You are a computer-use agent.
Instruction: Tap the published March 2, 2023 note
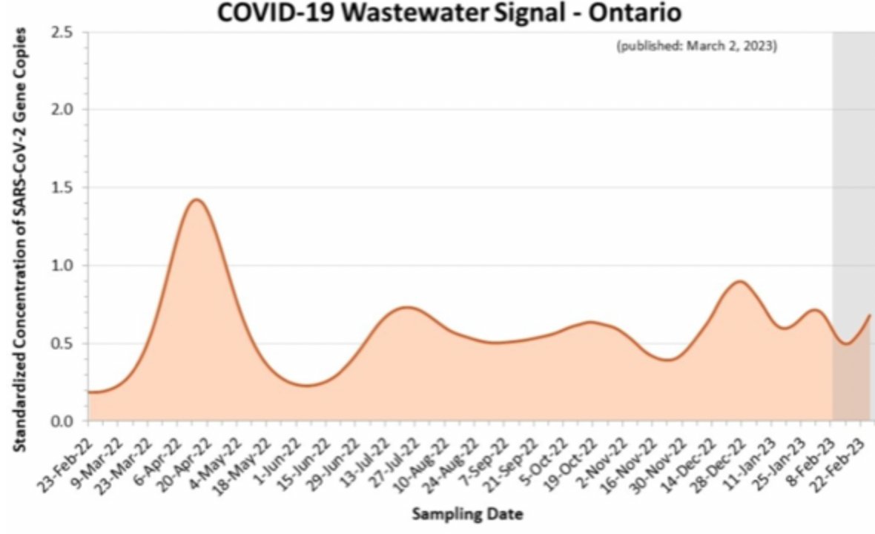tap(696, 46)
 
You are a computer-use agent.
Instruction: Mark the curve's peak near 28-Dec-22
tap(739, 281)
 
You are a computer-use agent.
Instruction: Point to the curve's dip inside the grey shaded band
tap(846, 343)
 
